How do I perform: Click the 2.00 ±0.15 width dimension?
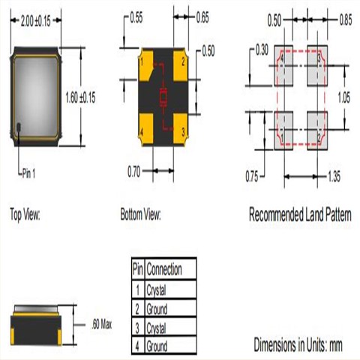(x=36, y=21)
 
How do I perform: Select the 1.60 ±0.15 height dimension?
(x=80, y=97)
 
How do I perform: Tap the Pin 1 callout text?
(x=28, y=173)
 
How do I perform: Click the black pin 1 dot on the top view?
(x=19, y=127)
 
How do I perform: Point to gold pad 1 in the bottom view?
(x=145, y=64)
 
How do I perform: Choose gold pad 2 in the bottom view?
(x=181, y=64)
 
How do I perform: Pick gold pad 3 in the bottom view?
(x=181, y=130)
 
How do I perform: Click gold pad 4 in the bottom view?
(x=145, y=130)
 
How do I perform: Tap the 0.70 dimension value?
(x=134, y=172)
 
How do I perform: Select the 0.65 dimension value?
(x=202, y=17)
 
